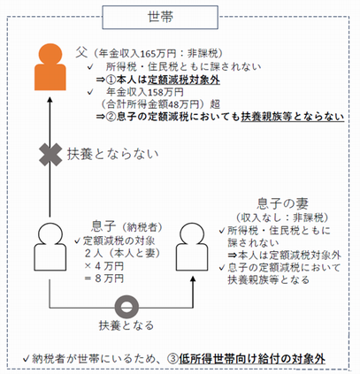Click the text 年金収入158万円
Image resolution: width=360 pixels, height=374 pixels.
coord(148,91)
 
